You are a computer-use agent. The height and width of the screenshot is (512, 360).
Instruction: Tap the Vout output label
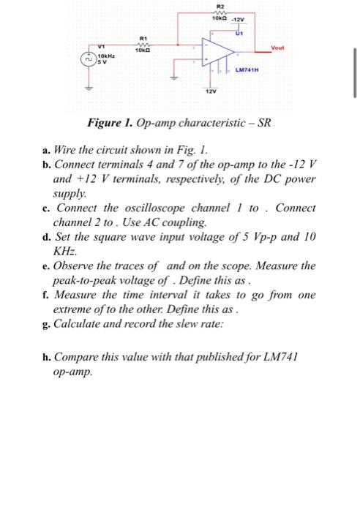(x=277, y=48)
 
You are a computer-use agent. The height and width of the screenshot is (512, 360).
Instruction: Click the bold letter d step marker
(x=46, y=236)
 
